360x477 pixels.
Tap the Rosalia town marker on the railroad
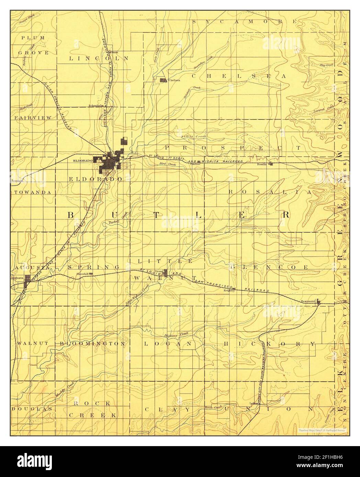point(271,164)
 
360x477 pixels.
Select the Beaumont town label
point(308,301)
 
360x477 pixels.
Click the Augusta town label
point(17,277)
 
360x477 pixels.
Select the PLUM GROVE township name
point(33,45)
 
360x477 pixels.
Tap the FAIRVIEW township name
point(33,118)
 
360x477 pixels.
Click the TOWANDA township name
point(33,193)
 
